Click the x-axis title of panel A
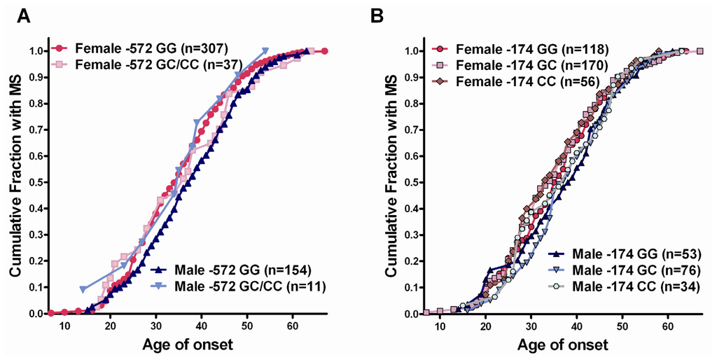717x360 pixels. pos(187,345)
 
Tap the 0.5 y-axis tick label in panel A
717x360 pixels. pos(34,182)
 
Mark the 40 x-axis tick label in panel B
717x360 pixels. pos(576,326)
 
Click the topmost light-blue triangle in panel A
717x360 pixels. pos(265,51)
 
